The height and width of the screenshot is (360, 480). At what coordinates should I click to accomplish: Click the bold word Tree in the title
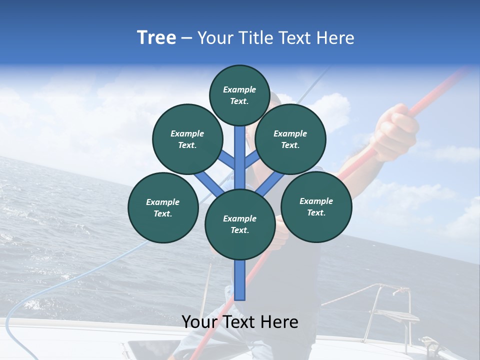click(156, 37)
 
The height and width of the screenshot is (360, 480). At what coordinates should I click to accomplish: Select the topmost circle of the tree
click(239, 95)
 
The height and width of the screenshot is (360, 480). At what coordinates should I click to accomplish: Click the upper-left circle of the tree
click(187, 139)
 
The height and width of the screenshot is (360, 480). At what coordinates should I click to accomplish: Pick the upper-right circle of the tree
click(290, 139)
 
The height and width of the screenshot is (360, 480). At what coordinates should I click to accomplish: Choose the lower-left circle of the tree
click(163, 207)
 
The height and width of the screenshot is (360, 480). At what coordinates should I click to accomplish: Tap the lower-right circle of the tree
click(316, 206)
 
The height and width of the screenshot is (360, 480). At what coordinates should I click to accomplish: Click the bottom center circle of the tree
click(240, 224)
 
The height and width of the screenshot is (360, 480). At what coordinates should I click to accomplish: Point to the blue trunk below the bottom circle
click(240, 280)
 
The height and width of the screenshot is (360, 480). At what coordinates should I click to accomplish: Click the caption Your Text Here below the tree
click(240, 322)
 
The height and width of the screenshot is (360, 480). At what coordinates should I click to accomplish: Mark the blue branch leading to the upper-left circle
click(227, 161)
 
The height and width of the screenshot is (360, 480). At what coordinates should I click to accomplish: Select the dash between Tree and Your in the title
click(186, 38)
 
